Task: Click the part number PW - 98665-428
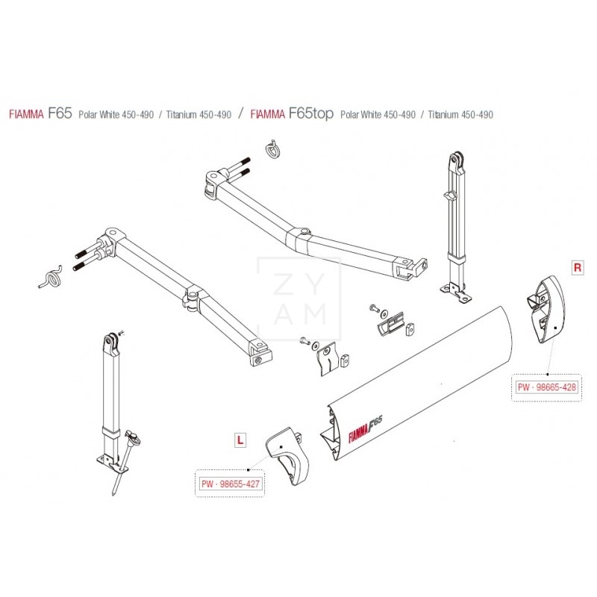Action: pos(547,387)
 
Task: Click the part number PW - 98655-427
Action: pos(231,484)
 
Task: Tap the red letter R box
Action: pos(578,268)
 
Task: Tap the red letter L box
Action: pos(240,440)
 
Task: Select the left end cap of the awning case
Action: pos(287,456)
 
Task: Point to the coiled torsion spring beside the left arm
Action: pos(51,277)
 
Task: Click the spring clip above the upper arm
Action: pos(272,148)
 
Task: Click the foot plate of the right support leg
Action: pos(457,293)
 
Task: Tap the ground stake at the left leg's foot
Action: pos(125,462)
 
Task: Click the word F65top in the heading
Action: pos(311,113)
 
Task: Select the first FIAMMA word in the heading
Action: pos(26,114)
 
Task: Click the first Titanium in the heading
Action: pos(181,114)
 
